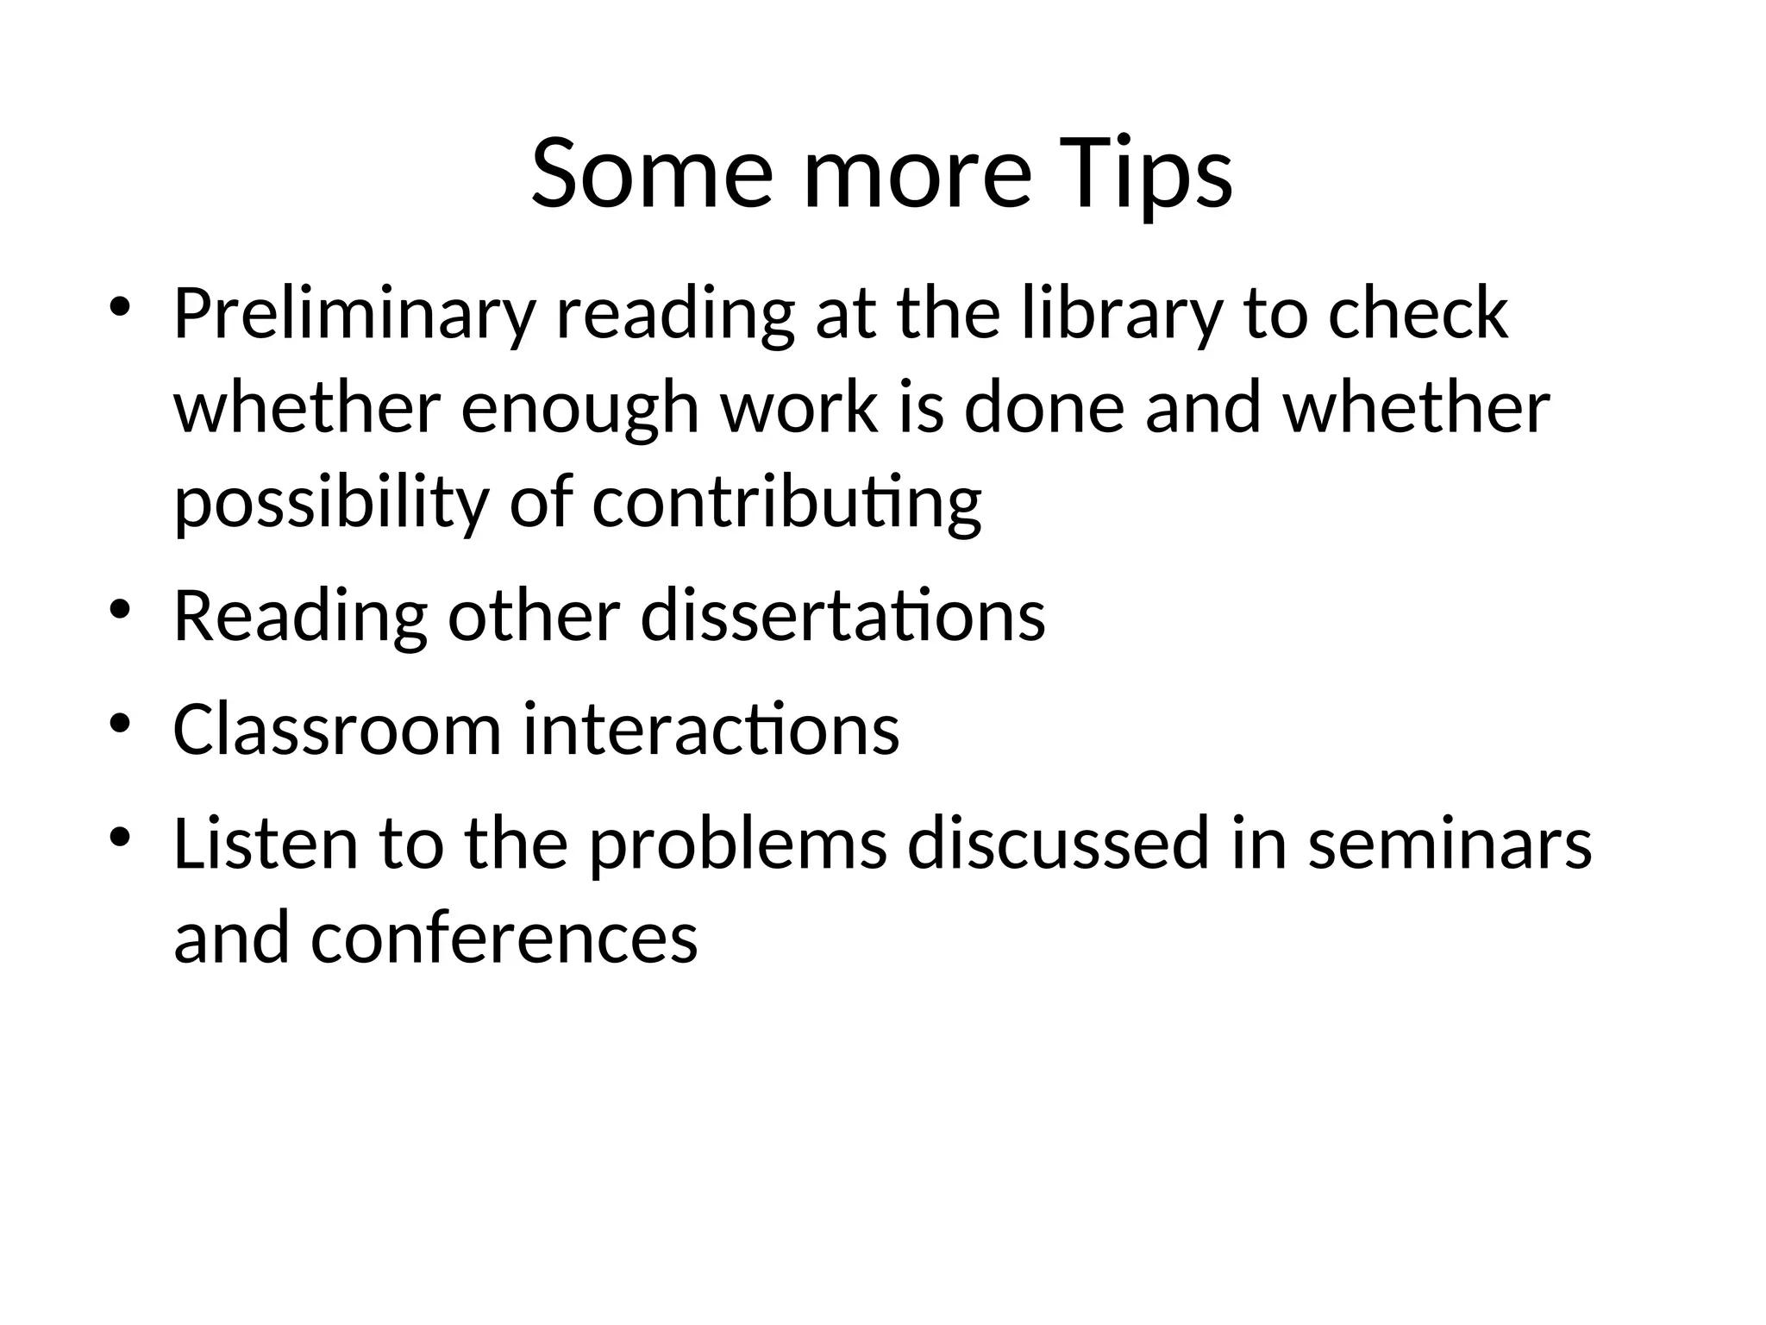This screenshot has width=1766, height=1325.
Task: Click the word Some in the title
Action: click(651, 174)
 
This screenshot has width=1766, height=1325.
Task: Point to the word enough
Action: click(579, 411)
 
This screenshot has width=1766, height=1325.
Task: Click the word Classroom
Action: click(337, 730)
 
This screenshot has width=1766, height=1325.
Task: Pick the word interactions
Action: click(711, 730)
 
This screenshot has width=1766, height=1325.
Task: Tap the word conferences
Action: click(504, 939)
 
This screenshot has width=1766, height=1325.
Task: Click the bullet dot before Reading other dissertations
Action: click(119, 610)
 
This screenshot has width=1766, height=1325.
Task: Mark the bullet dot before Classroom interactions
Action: click(119, 723)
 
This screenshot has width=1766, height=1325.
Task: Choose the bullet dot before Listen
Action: click(119, 837)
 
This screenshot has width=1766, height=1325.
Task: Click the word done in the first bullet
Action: click(1043, 409)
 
